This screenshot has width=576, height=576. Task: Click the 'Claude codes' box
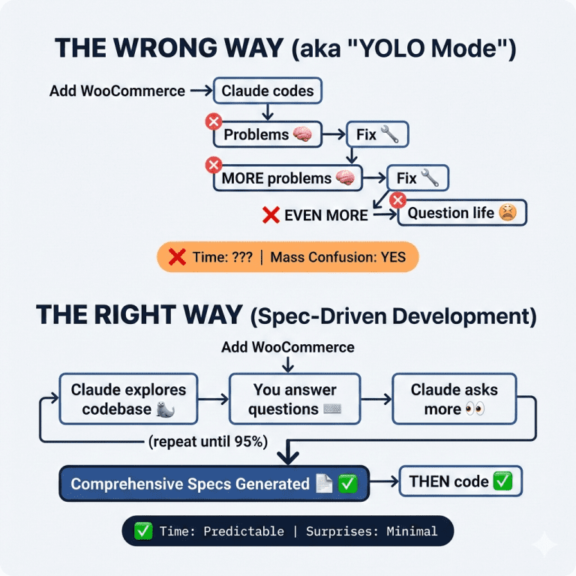point(268,91)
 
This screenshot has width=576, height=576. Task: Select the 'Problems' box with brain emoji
point(267,135)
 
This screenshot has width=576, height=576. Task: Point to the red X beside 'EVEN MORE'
point(271,215)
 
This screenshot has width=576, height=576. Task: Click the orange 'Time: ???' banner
point(287,257)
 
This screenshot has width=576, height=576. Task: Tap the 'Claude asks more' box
point(454,399)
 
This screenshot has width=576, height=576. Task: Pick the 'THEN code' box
point(460,481)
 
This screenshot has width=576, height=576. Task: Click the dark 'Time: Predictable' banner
point(287,531)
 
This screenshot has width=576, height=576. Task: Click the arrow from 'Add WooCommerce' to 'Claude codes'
point(201,91)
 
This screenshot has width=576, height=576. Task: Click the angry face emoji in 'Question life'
point(508,213)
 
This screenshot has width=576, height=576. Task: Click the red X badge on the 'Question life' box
point(398,199)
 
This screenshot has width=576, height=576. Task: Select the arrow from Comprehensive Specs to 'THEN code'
point(385,482)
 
